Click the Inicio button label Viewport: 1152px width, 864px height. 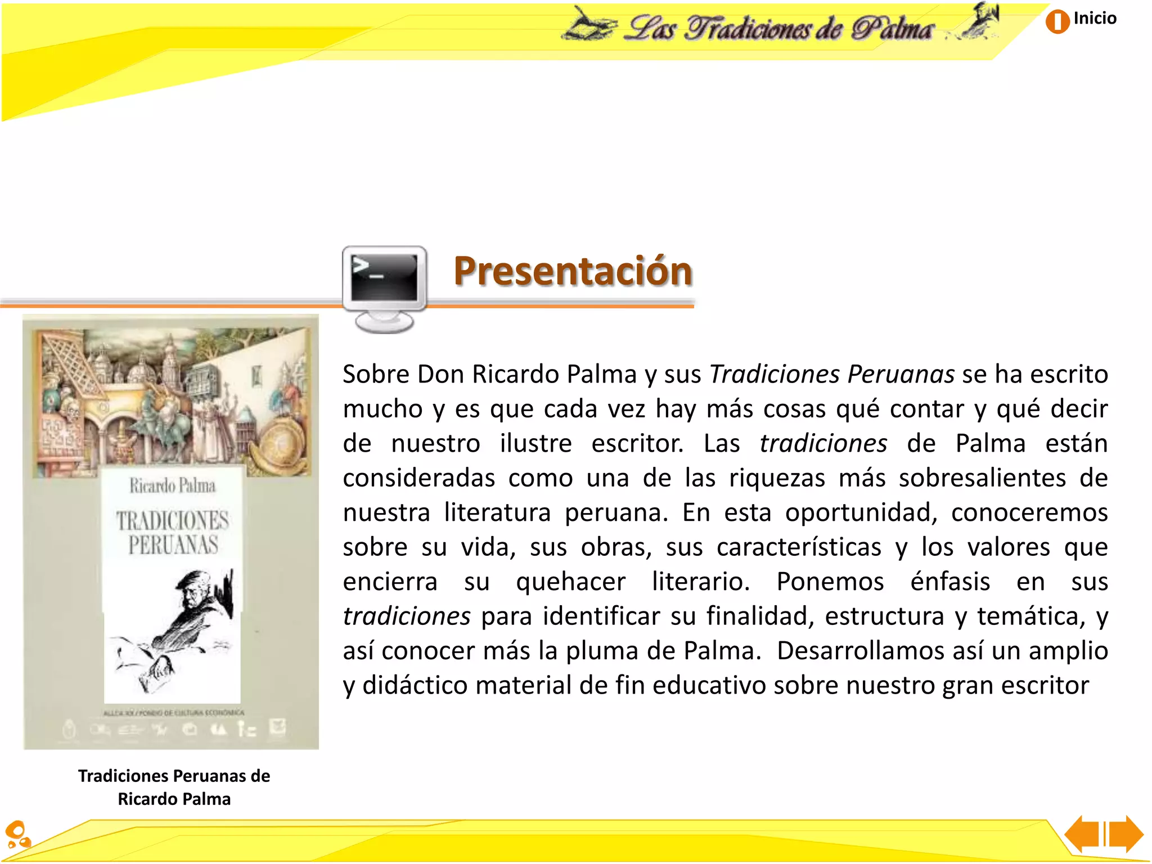coord(1094,19)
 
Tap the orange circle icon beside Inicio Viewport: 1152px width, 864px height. coord(1057,22)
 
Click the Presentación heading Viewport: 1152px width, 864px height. coord(573,271)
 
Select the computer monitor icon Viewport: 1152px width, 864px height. coord(385,287)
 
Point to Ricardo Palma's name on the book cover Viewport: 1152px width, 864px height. coord(172,485)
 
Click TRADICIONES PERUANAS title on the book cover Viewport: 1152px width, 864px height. coord(173,532)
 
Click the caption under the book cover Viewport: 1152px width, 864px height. coord(174,787)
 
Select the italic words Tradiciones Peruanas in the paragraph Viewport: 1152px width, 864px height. coord(831,374)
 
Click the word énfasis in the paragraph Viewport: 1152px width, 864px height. coord(949,582)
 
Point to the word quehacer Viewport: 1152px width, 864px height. coord(570,582)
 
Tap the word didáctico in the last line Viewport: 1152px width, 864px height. coord(415,686)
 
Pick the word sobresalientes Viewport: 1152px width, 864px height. coord(982,478)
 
